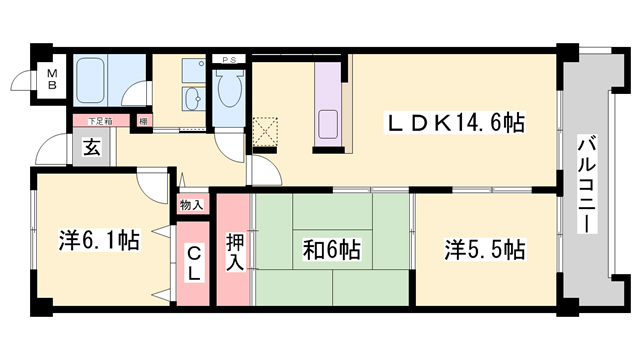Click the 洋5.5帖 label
click(484, 250)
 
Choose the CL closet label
click(194, 263)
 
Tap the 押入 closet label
click(234, 252)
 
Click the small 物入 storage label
click(191, 205)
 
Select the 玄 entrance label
click(91, 148)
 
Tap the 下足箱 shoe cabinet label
click(97, 122)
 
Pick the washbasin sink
click(192, 98)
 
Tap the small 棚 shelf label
click(144, 122)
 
